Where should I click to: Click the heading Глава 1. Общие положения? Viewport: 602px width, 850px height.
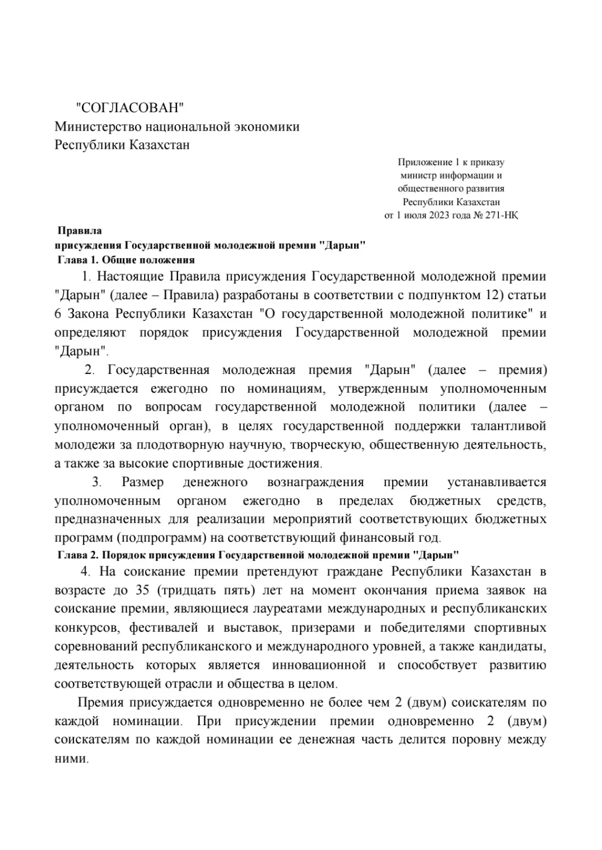tap(126, 260)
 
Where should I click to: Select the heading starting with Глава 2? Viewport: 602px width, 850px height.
tap(257, 555)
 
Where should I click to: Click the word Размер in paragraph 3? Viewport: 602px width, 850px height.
tap(143, 482)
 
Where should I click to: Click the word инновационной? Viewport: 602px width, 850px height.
tap(319, 665)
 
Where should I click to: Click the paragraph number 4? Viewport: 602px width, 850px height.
tap(84, 572)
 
